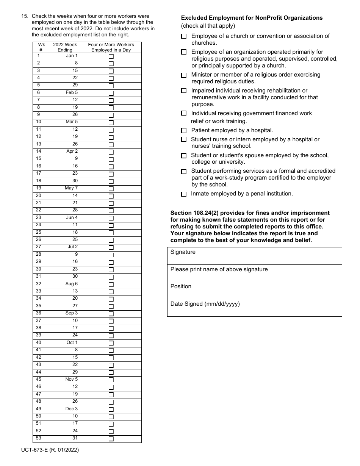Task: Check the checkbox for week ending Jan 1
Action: click(x=111, y=56)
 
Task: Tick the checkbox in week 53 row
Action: click(x=111, y=439)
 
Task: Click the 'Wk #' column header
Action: click(x=41, y=47)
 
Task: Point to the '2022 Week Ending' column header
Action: click(x=65, y=47)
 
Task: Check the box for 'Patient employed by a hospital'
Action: click(x=184, y=131)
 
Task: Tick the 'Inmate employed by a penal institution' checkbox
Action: click(x=184, y=194)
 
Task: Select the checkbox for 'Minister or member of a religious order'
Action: click(x=184, y=75)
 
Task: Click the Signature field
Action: click(x=254, y=256)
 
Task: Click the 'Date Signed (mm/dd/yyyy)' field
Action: click(x=254, y=308)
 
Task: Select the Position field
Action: click(x=254, y=291)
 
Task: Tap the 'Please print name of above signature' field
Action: click(x=254, y=274)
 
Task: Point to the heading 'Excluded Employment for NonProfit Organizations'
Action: click(x=252, y=18)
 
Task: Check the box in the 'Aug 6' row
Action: click(x=111, y=285)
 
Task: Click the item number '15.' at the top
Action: click(x=25, y=16)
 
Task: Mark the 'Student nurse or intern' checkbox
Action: click(x=184, y=139)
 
